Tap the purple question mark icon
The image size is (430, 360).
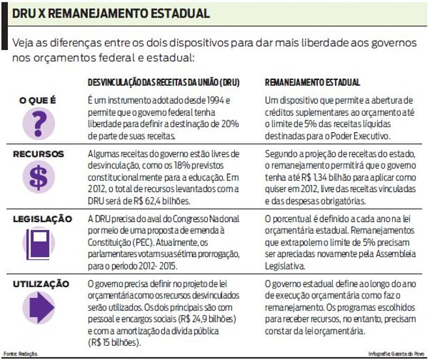tap(39, 122)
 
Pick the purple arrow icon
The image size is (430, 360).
tap(39, 308)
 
